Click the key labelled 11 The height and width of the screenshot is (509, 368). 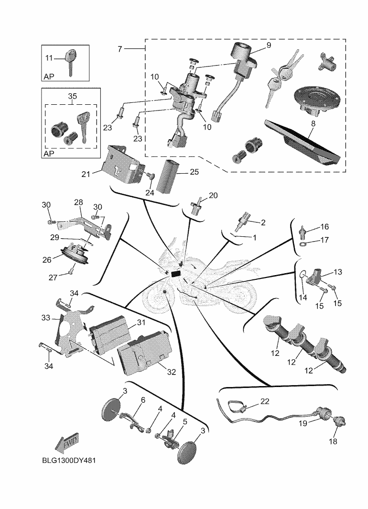click(70, 59)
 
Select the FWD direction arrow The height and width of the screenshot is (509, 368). click(67, 443)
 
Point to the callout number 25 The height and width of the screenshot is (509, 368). click(195, 171)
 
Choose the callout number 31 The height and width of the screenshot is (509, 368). click(141, 323)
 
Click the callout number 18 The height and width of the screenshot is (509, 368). click(334, 442)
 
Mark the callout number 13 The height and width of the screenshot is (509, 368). click(338, 272)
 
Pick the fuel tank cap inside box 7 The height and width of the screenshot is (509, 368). click(317, 100)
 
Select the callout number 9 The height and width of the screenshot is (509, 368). click(268, 45)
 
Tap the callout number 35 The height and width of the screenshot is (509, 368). click(72, 96)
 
